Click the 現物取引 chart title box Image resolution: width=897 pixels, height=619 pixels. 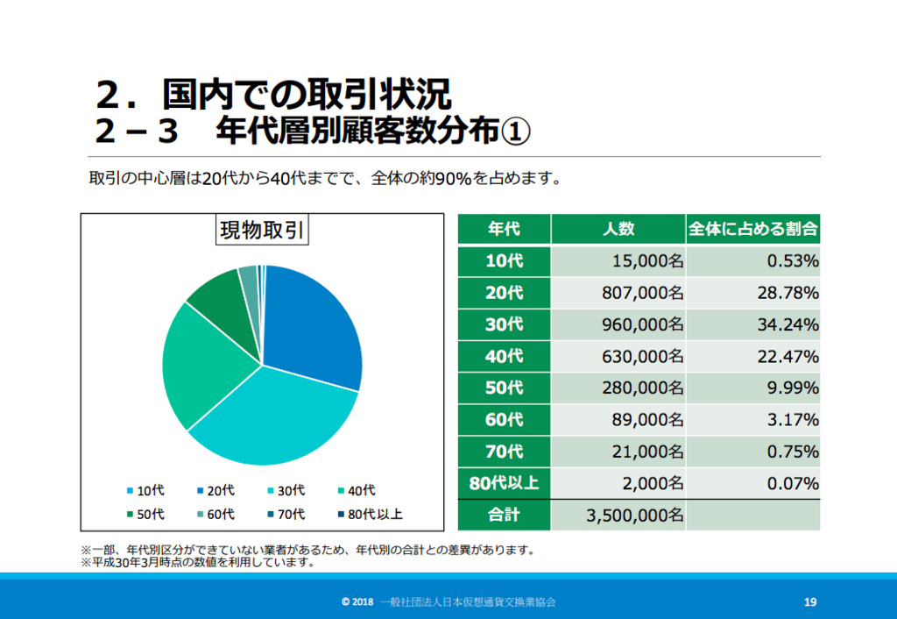(262, 230)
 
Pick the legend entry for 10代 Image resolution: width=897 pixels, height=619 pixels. (145, 491)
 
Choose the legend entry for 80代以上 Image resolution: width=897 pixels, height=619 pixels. (371, 514)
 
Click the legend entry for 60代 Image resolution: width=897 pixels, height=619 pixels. (215, 514)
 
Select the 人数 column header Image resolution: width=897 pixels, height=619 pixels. (618, 229)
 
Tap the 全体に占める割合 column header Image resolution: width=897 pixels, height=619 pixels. (752, 229)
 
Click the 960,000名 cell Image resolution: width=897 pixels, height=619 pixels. (618, 324)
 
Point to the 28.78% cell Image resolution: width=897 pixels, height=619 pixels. (752, 293)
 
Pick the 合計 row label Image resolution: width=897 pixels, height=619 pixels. (504, 515)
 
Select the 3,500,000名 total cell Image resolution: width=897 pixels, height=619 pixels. (618, 515)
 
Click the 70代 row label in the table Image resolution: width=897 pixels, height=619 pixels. (504, 452)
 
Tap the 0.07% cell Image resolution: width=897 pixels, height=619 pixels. (752, 483)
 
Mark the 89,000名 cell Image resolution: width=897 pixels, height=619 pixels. (618, 420)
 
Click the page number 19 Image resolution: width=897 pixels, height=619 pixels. (810, 601)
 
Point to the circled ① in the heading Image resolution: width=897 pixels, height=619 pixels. (516, 132)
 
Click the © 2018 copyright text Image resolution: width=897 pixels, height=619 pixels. (357, 601)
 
